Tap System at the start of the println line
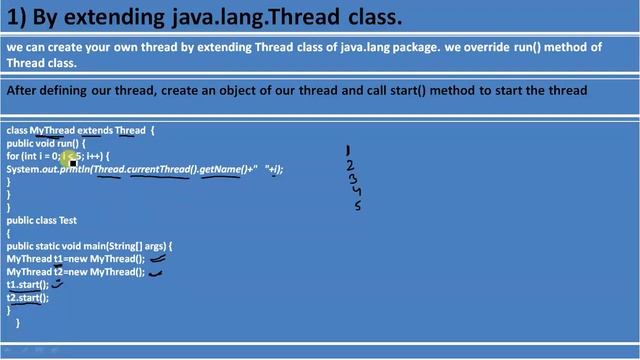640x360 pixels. pos(23,169)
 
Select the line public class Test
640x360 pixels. pos(41,220)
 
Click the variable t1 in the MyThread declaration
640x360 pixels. pos(59,259)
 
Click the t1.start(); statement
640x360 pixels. pos(27,285)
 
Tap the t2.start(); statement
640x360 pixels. pos(27,298)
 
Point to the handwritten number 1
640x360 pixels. pos(348,151)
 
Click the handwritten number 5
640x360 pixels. pos(358,206)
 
